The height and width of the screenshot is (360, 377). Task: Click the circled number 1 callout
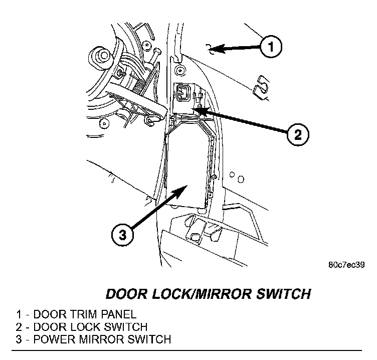pos(271,47)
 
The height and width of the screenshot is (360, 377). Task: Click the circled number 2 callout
pos(298,134)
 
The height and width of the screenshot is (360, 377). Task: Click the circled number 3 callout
pos(122,235)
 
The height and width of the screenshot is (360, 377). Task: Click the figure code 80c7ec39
pos(346,265)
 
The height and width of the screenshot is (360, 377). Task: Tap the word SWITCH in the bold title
pos(284,294)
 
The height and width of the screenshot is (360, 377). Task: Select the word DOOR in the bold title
pos(126,294)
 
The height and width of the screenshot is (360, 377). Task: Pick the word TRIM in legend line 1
pos(83,314)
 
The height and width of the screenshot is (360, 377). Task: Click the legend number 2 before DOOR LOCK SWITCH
pos(19,327)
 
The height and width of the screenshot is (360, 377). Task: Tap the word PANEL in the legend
pos(118,314)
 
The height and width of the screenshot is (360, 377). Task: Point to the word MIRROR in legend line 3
pos(101,339)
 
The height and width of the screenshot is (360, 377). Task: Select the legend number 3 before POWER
pos(19,339)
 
